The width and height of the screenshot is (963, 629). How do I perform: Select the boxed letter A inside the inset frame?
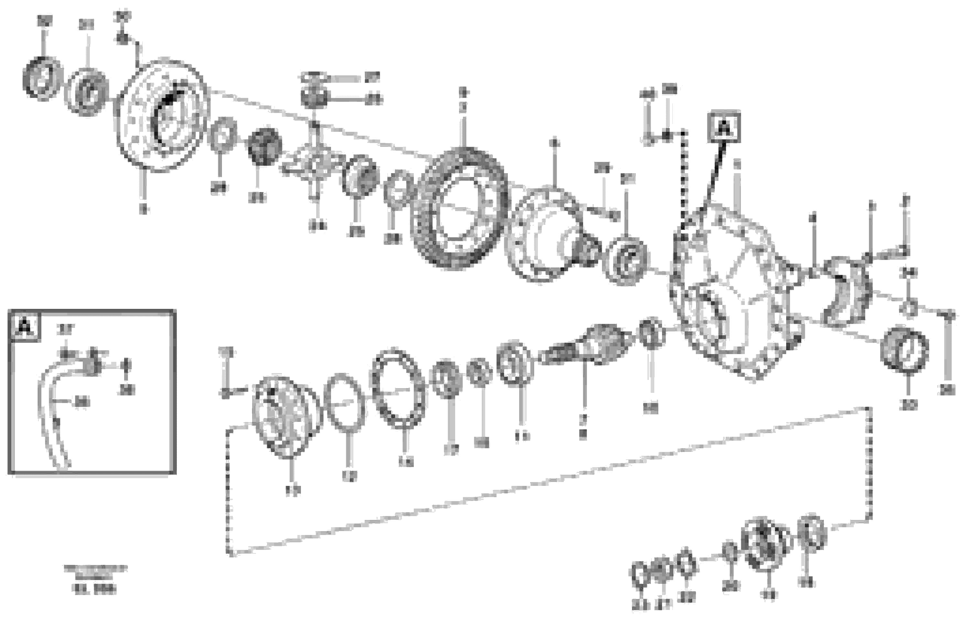pyautogui.click(x=26, y=327)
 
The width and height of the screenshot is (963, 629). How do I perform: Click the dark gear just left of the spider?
pyautogui.click(x=265, y=146)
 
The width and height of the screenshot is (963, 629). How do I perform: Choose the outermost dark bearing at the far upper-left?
pyautogui.click(x=42, y=79)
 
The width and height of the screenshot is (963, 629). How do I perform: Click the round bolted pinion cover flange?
pyautogui.click(x=285, y=416)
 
